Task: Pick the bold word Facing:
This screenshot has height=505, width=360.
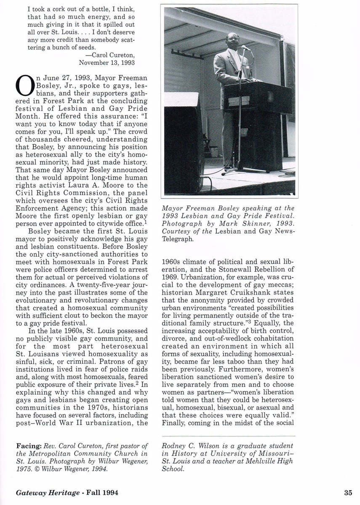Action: point(28,441)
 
